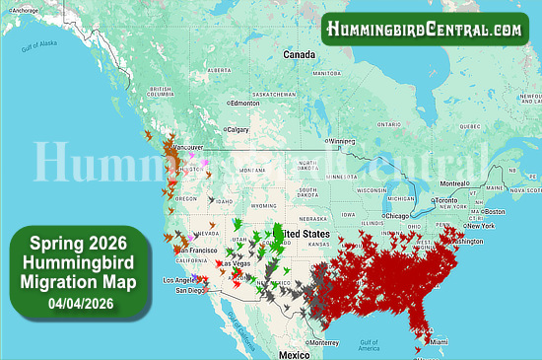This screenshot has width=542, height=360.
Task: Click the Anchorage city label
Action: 27,10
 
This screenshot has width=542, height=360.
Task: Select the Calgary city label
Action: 237,129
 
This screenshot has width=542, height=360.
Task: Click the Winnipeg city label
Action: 343,141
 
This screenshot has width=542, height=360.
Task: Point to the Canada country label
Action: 299,54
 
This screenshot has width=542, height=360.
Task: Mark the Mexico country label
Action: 294,354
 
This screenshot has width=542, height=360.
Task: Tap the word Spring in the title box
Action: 51,243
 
